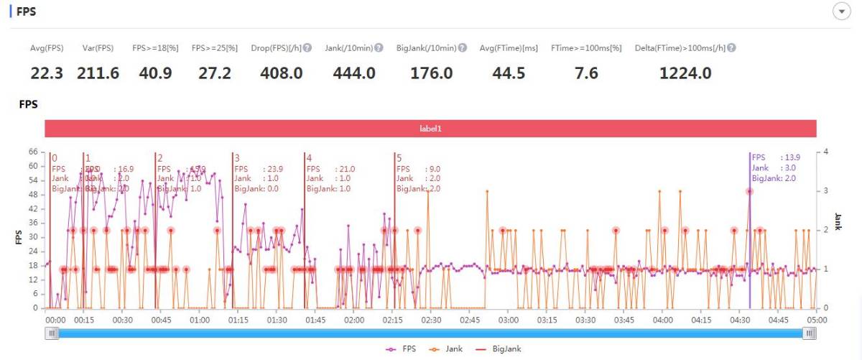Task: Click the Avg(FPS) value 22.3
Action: (x=47, y=73)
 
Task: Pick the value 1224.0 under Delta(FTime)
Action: (x=685, y=73)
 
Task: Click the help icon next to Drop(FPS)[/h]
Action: (x=307, y=48)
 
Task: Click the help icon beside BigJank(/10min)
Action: (x=463, y=48)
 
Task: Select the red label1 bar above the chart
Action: (x=430, y=129)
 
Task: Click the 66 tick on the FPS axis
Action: (x=32, y=152)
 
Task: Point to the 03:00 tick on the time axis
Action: (x=508, y=320)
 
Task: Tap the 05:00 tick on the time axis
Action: (x=816, y=320)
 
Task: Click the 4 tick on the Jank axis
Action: (x=827, y=152)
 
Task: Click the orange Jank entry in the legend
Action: (x=449, y=349)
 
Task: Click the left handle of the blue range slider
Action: (x=52, y=333)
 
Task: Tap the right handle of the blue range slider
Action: (x=810, y=333)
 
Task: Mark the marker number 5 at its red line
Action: (x=399, y=158)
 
